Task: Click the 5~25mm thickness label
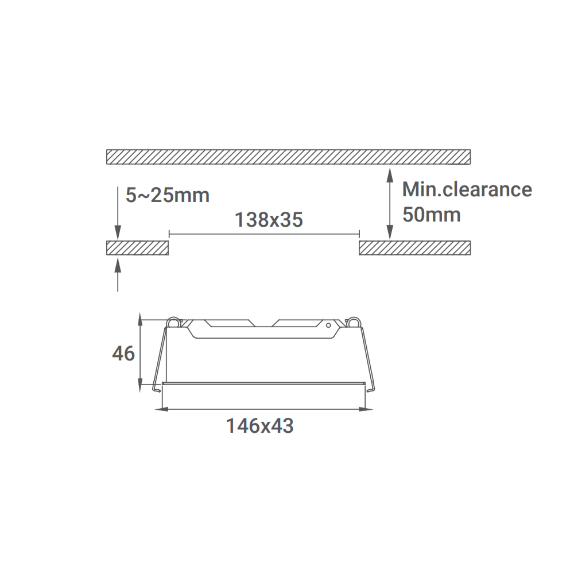167,195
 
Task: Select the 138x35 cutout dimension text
269,220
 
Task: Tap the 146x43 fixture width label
259,426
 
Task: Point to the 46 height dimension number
123,354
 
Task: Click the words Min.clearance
467,189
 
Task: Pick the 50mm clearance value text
431,214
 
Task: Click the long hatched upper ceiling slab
289,157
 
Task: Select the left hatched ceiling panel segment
137,248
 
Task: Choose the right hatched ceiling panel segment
415,248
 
